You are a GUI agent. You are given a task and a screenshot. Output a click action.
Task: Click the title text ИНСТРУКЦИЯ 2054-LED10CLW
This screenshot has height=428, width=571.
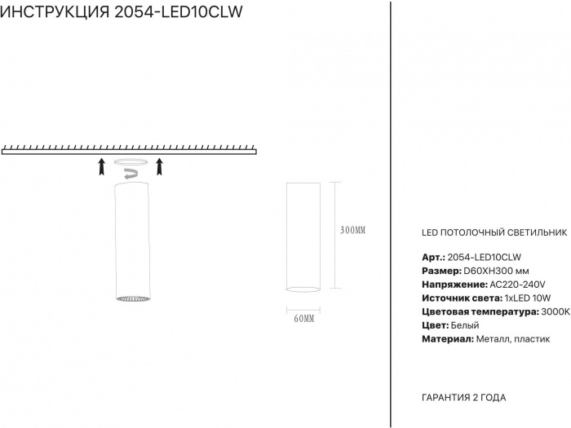[122, 14]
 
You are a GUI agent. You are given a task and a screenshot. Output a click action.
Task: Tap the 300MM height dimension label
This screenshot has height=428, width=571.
[352, 231]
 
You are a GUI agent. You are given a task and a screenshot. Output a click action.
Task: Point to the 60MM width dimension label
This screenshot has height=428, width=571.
[303, 318]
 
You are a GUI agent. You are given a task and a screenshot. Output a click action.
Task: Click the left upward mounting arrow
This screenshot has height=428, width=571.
[101, 167]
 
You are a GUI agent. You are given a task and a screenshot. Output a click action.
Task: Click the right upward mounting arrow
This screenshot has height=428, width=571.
[159, 167]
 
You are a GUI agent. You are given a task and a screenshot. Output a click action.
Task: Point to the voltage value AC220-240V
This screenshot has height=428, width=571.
[518, 285]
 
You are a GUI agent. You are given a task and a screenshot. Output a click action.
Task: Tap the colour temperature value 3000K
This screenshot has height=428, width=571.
[554, 312]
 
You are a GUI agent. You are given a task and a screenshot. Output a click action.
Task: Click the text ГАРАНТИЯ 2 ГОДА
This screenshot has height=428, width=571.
[463, 397]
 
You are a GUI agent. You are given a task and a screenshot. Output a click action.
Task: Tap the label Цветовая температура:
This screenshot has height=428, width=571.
[480, 312]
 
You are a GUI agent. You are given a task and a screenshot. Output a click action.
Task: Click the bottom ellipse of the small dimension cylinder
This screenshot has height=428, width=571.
[303, 288]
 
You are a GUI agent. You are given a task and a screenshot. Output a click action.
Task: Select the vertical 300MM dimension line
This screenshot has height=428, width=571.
[334, 236]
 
